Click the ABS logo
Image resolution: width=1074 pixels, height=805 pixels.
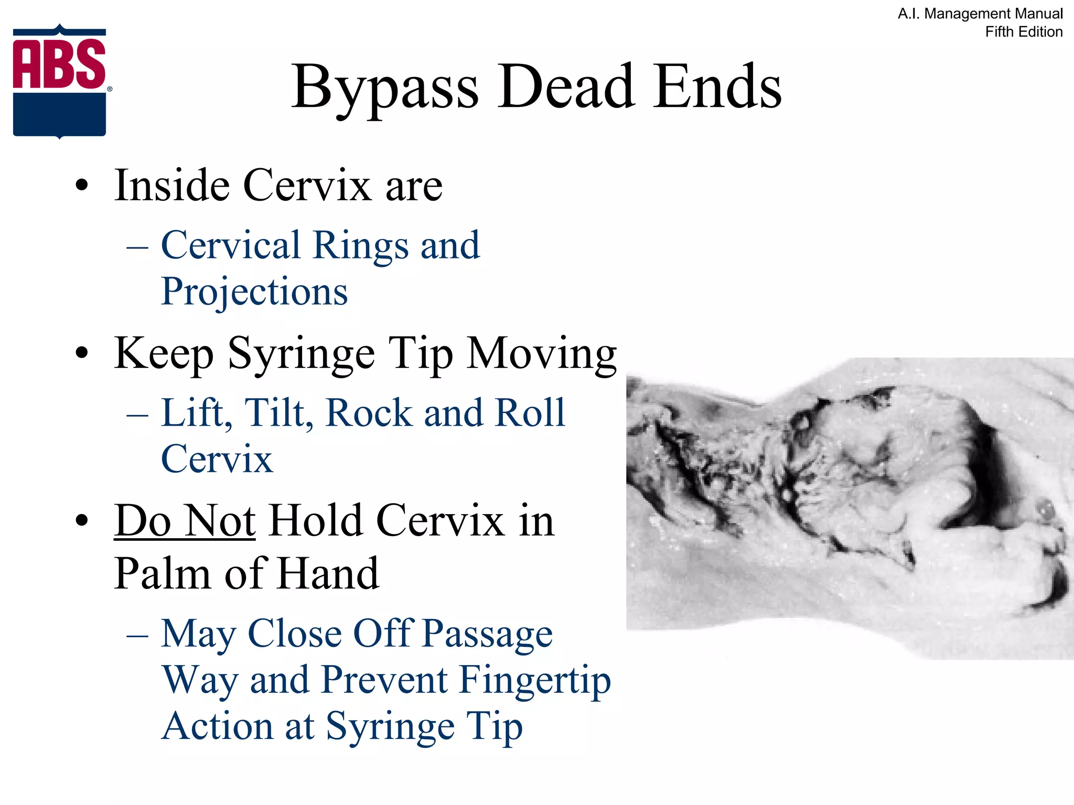pyautogui.click(x=60, y=81)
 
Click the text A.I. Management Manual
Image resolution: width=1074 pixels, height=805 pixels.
pyautogui.click(x=980, y=14)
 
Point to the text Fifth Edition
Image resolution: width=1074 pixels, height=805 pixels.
pyautogui.click(x=1024, y=32)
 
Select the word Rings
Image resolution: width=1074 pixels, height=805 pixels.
pyautogui.click(x=360, y=245)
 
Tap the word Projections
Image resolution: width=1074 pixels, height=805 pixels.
pyautogui.click(x=254, y=292)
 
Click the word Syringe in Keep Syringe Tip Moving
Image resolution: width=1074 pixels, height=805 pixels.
pyautogui.click(x=302, y=354)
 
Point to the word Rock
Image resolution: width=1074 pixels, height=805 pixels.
pyautogui.click(x=369, y=413)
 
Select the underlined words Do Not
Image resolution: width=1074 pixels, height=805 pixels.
pyautogui.click(x=185, y=521)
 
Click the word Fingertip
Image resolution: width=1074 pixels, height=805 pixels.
pyautogui.click(x=535, y=680)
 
